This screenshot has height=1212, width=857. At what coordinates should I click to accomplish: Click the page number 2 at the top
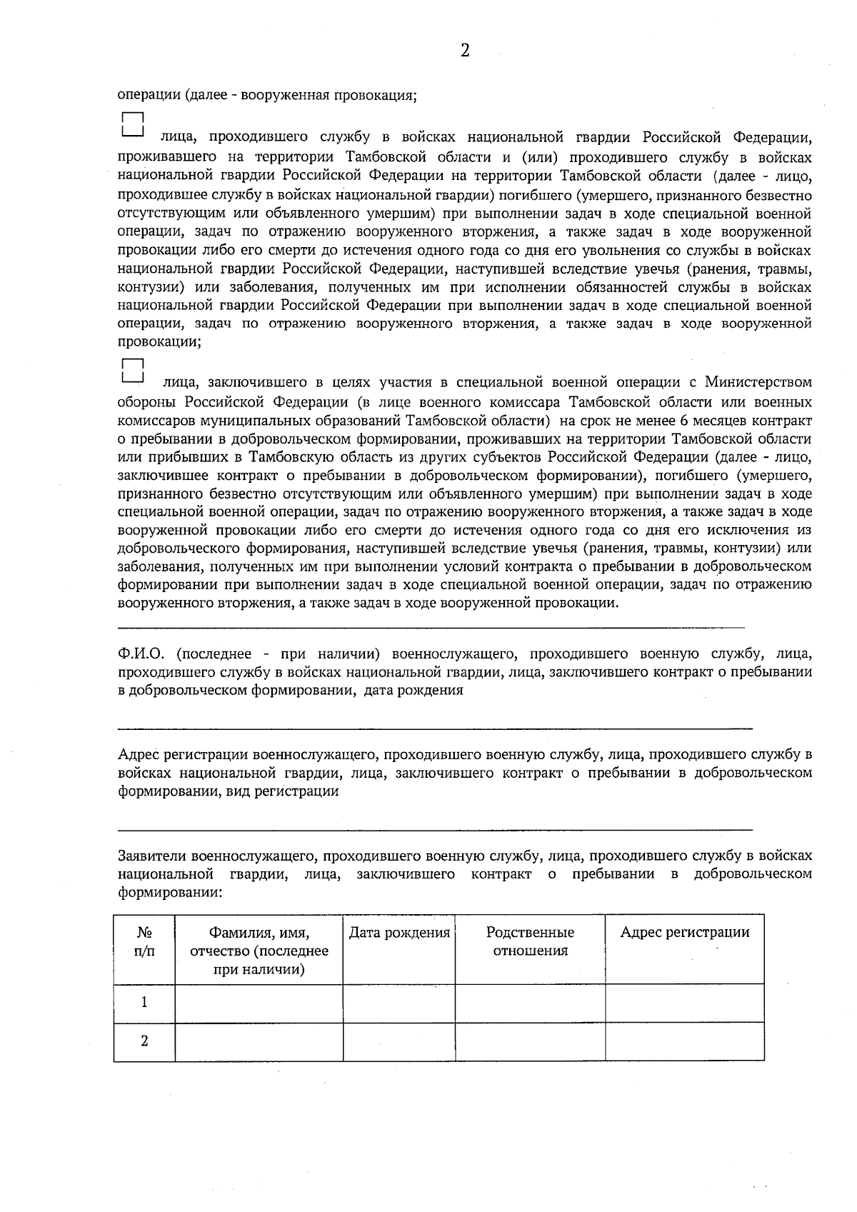click(465, 50)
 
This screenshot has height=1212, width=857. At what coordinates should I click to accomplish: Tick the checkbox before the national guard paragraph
click(133, 124)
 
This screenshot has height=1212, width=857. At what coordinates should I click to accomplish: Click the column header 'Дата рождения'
click(399, 933)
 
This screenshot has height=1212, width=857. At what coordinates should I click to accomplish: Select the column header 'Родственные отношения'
click(530, 941)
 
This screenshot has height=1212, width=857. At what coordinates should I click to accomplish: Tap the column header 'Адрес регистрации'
click(684, 932)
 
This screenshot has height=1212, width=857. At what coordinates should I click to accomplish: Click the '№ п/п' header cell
click(144, 941)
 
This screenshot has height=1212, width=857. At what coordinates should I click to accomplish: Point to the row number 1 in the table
click(144, 1002)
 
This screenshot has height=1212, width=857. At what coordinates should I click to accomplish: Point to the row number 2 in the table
click(144, 1041)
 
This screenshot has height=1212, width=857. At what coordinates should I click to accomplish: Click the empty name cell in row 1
click(259, 1002)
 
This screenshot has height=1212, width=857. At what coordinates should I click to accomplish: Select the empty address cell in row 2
click(684, 1041)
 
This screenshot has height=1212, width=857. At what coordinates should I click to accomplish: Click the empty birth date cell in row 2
click(399, 1041)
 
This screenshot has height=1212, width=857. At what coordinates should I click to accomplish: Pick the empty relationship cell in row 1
click(530, 1002)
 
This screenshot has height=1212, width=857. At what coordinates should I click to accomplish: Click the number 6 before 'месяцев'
click(684, 419)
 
